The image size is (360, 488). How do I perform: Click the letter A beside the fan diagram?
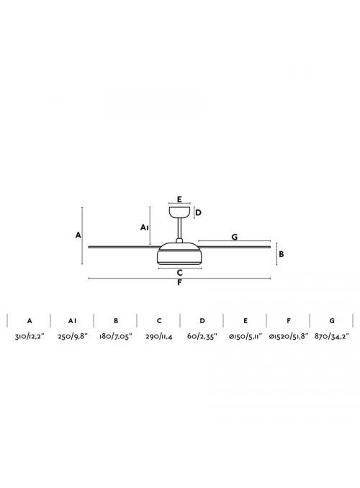(78, 235)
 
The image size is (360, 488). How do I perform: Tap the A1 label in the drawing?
(145, 227)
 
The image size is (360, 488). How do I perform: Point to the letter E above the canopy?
(179, 199)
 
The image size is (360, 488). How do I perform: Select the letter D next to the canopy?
(199, 212)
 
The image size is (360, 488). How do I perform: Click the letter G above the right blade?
(235, 237)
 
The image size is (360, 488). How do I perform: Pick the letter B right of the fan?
(282, 254)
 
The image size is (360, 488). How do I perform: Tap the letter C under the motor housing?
(180, 273)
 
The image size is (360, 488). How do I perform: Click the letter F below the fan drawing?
(180, 283)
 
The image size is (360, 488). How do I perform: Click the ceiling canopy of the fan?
(180, 212)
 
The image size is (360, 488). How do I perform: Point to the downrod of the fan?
(180, 228)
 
